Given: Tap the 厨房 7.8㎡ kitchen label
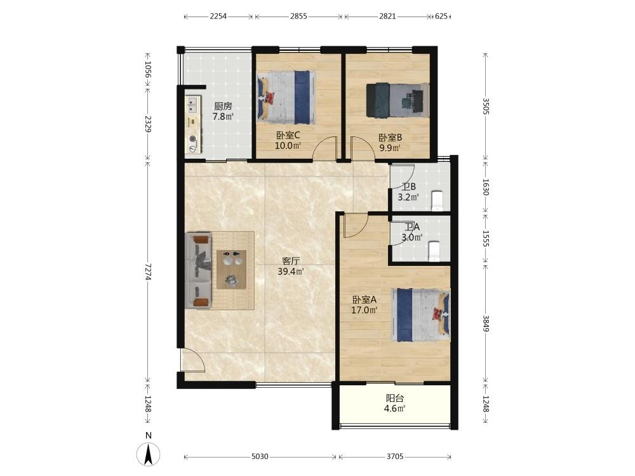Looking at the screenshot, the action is pos(223,111).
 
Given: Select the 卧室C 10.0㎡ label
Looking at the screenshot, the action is pos(288,140).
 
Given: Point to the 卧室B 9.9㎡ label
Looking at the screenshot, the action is pos(390,142).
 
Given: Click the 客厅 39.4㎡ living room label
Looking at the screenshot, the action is pos(291,267).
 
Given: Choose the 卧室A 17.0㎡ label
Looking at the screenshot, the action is pos(364,305).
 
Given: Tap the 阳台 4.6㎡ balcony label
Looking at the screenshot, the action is pos(395,403).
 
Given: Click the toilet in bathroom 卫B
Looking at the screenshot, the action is pos(438,201).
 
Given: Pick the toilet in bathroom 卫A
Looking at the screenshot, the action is pos(434,251).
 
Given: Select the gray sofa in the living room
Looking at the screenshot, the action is pos(198,270).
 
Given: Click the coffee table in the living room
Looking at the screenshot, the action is pos(231,269).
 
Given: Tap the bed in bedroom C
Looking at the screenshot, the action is pos(287,98).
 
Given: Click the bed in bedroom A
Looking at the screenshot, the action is pos(421,315).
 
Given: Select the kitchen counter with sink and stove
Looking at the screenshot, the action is pos(193,124).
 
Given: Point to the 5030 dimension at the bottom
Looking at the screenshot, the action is pos(260,456).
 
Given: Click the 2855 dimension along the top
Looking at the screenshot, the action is pos(298,17).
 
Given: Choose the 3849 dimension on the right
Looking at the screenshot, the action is pos(486,322).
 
